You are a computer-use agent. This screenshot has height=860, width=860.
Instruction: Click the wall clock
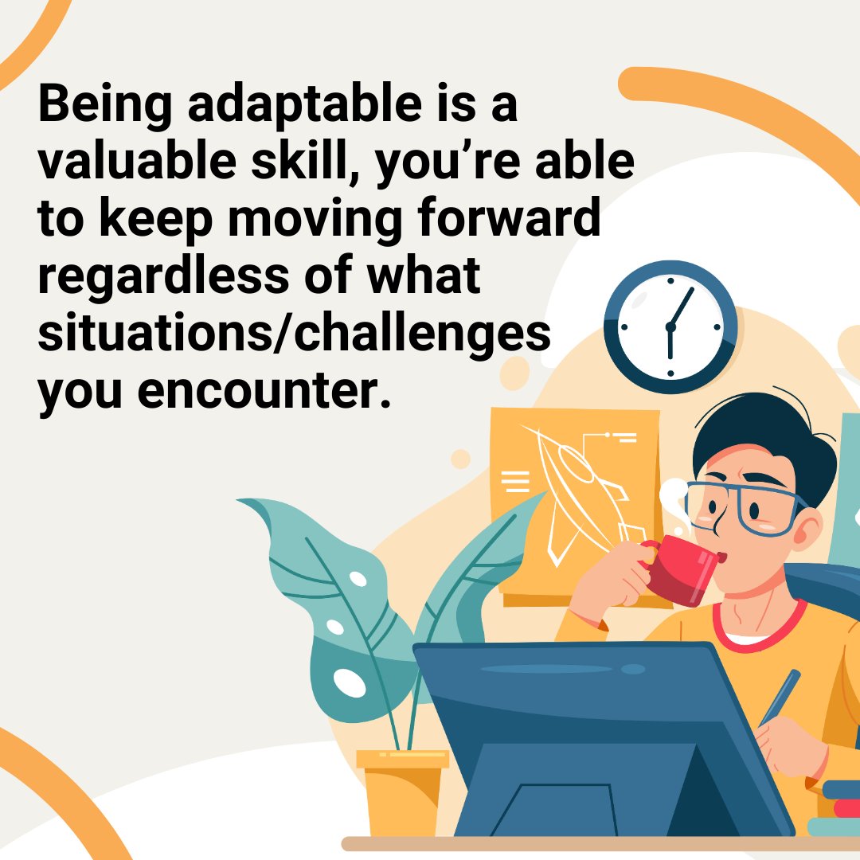click(670, 326)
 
